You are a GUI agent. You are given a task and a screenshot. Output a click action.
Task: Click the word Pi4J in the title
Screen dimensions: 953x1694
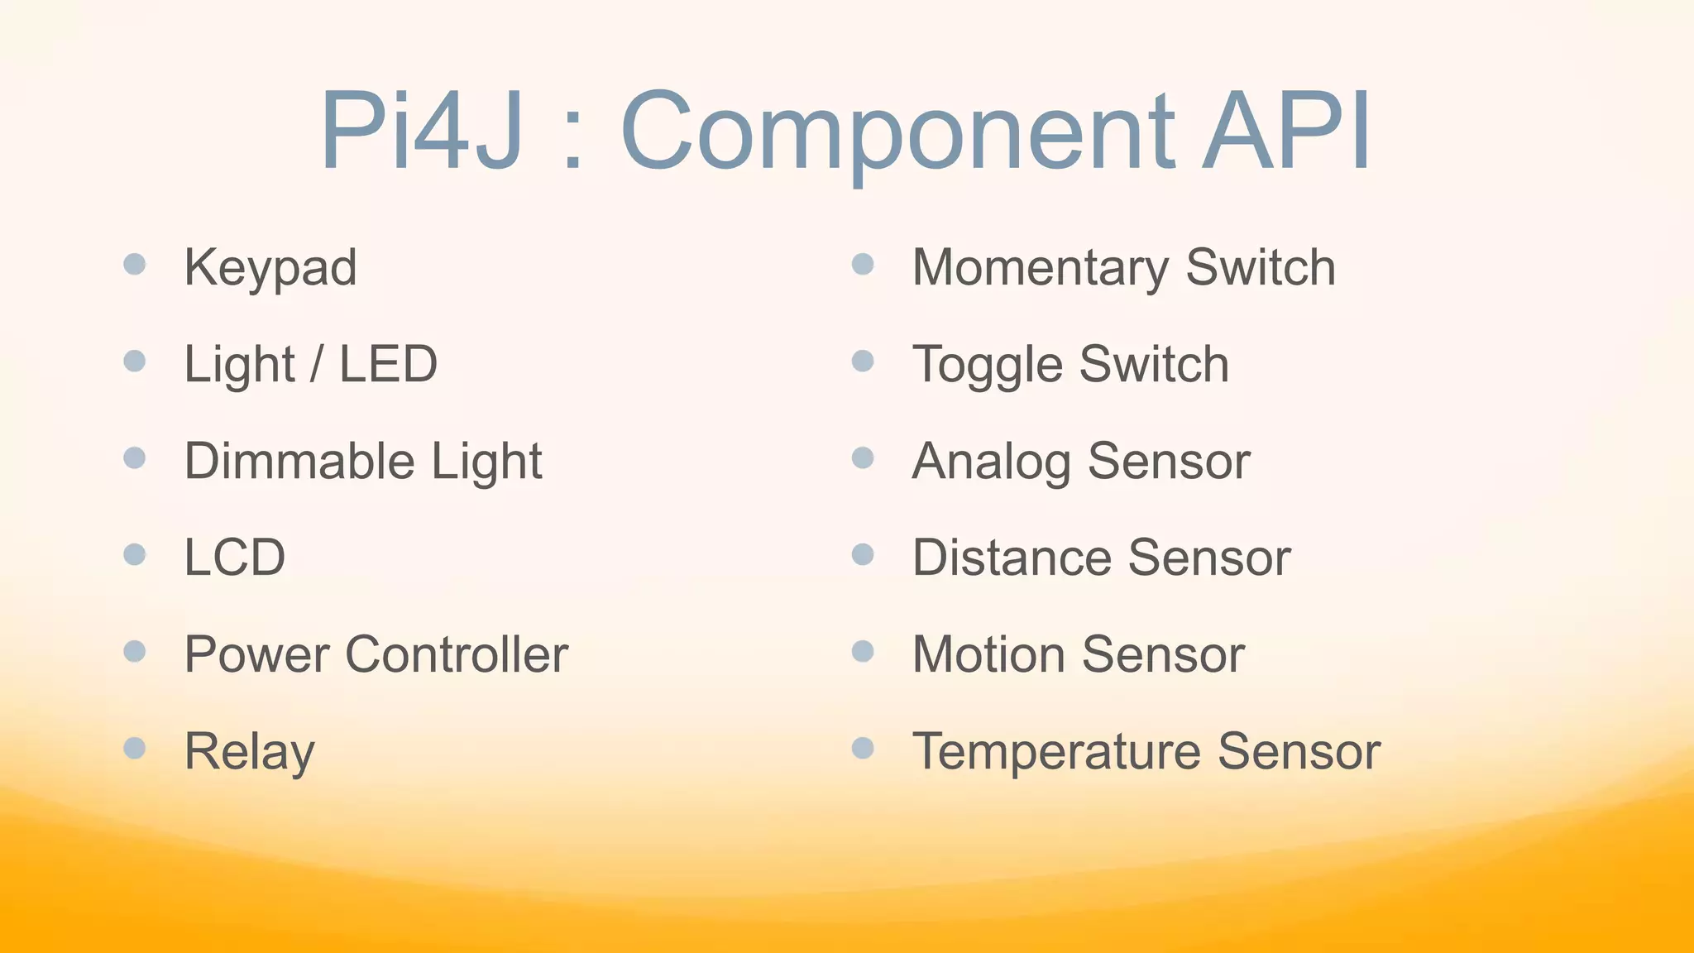[422, 131]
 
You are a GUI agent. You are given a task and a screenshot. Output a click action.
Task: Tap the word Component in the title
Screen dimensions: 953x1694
[897, 132]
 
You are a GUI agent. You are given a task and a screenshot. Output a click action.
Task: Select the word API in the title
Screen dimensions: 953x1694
[1287, 131]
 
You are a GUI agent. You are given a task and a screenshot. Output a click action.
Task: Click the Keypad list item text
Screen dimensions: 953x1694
[270, 268]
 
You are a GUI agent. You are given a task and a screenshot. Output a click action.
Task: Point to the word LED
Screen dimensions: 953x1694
[388, 364]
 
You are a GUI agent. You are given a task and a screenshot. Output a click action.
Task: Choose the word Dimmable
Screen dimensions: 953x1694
[298, 461]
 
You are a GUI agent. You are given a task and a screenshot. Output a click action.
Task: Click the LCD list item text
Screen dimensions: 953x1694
[235, 558]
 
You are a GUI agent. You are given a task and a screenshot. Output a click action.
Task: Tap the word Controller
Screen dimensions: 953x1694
[457, 654]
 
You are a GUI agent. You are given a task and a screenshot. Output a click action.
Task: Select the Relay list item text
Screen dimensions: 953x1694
[249, 751]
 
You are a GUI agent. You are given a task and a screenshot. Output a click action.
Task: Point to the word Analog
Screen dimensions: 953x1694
[991, 462]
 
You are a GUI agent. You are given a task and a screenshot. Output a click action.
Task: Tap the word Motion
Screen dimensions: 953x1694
[988, 654]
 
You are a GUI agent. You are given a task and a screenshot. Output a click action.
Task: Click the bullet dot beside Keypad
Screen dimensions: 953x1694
[135, 265]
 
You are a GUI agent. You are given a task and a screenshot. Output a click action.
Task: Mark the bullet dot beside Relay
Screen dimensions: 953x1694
[135, 749]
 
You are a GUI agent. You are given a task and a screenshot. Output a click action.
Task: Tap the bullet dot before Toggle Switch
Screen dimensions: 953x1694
[863, 362]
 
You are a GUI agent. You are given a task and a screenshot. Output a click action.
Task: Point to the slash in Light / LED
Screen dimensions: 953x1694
[316, 365]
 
